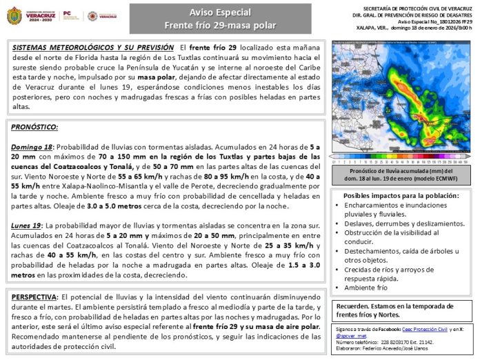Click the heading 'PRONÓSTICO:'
pos(35,128)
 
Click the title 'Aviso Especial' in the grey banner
pos(220,12)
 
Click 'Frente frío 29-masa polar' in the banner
pos(220,26)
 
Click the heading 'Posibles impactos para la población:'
pos(401,196)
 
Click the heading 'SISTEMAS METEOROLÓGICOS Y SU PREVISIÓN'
pos(93,47)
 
